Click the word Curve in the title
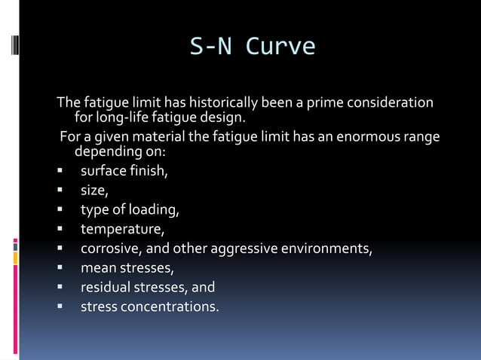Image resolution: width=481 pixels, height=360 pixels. pyautogui.click(x=280, y=47)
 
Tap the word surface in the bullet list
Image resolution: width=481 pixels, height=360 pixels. pyautogui.click(x=104, y=171)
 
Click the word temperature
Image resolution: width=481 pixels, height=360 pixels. pyautogui.click(x=121, y=229)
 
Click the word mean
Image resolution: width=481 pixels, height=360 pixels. pyautogui.click(x=97, y=267)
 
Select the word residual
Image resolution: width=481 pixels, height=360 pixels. pyautogui.click(x=106, y=287)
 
